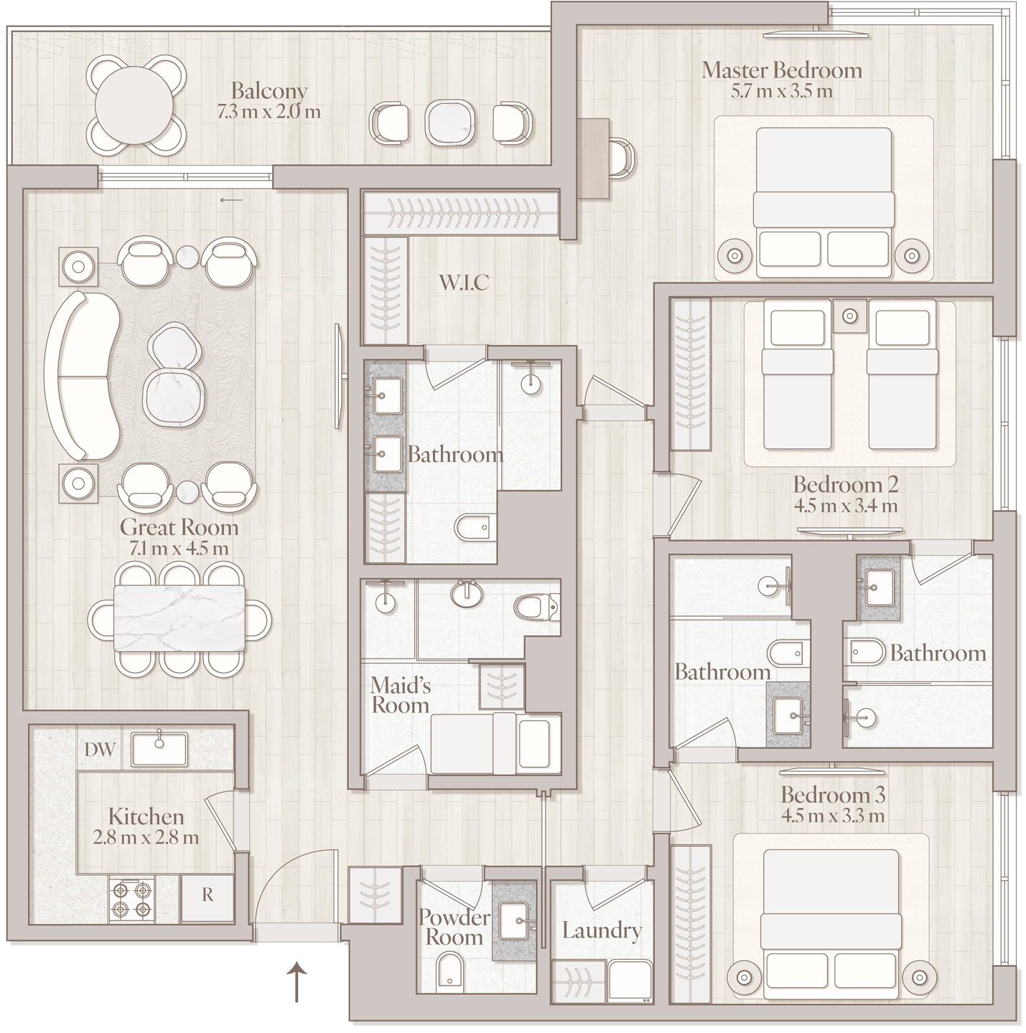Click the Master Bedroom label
781,70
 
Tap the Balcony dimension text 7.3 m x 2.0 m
269,112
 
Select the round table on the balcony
134,105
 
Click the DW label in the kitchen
100,749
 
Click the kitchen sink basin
159,749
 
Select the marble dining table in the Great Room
179,618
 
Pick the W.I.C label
464,283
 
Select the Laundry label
602,931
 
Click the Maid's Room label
401,695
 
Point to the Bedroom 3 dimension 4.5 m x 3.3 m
833,816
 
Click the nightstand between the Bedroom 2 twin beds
849,316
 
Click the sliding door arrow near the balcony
231,200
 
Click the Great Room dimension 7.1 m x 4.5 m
179,548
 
